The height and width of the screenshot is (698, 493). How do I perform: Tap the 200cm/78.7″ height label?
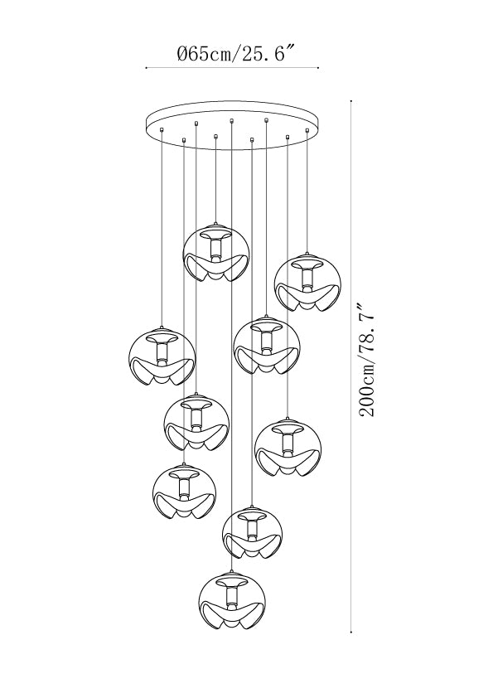[x=367, y=361]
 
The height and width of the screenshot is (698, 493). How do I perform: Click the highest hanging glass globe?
[x=216, y=252]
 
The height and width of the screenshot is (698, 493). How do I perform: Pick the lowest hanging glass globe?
[x=232, y=601]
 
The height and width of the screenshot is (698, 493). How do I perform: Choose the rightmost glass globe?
[x=307, y=282]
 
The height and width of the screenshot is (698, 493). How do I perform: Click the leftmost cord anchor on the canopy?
[x=162, y=129]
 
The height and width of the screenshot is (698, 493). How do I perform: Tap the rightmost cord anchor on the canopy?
[x=307, y=130]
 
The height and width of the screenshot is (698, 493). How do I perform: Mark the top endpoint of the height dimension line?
[x=352, y=99]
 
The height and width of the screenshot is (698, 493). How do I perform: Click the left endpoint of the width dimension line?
[x=147, y=68]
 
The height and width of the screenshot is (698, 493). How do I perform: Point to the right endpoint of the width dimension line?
[x=318, y=68]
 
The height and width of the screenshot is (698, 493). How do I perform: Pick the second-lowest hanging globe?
[x=252, y=532]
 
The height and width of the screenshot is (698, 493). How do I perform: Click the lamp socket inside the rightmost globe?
[x=307, y=276]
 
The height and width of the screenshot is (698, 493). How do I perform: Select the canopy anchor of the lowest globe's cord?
[x=231, y=120]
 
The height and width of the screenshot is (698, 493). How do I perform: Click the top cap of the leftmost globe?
[x=162, y=329]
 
